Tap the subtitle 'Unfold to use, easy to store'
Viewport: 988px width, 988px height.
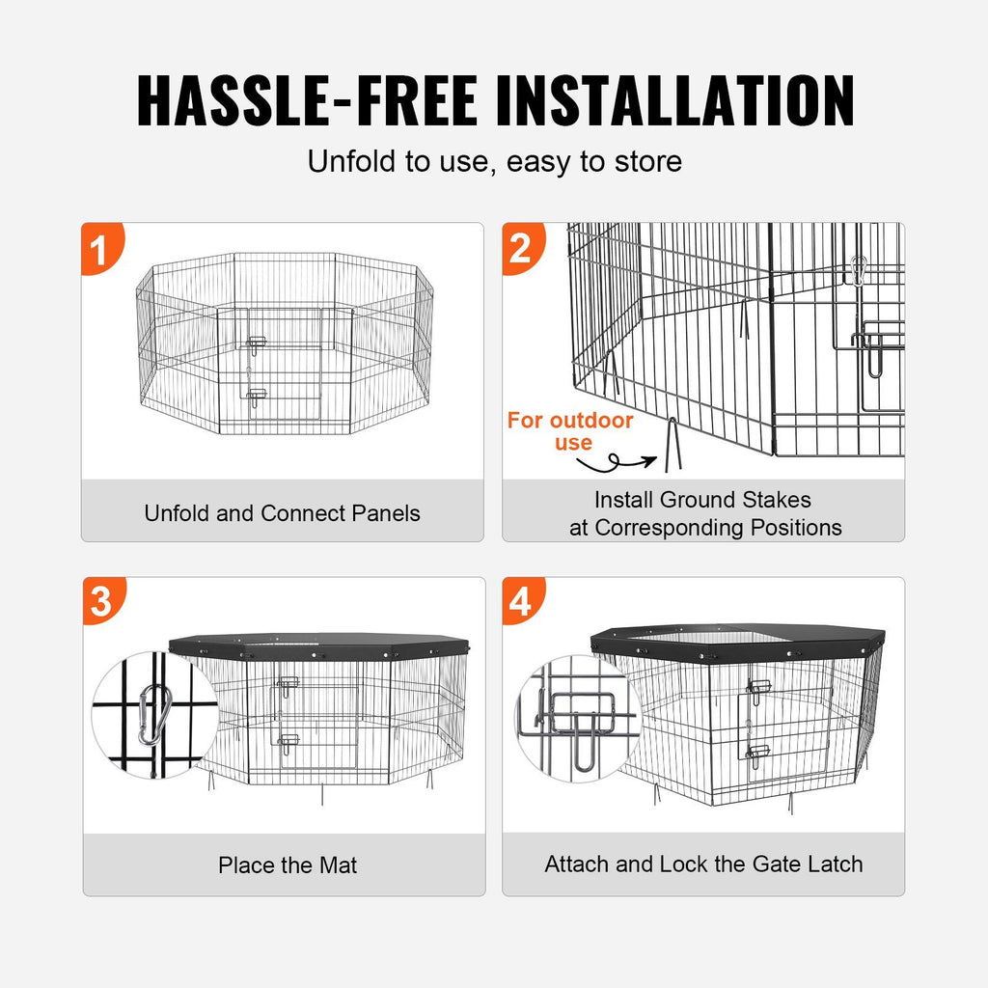[494, 161]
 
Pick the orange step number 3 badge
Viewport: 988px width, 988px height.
[100, 601]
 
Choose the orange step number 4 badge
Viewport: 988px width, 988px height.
[521, 601]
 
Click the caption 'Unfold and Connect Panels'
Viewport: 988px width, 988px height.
[282, 512]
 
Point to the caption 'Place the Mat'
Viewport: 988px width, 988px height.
[287, 865]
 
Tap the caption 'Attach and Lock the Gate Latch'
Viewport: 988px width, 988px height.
[703, 864]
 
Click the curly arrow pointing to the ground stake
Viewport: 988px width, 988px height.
[617, 466]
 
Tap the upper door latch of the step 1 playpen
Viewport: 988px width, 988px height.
[257, 343]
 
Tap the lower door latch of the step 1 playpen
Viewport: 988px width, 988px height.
[257, 396]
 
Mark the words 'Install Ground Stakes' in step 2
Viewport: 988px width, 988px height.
[702, 500]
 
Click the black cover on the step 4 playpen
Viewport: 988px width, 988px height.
[738, 639]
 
